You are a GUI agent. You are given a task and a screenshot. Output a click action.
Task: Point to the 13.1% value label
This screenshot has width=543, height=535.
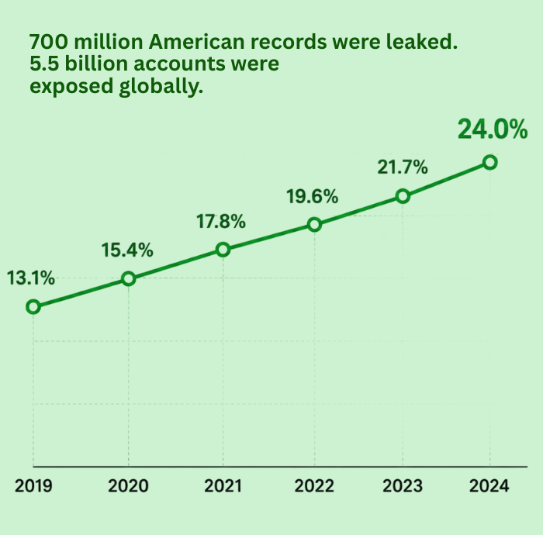[x=31, y=278]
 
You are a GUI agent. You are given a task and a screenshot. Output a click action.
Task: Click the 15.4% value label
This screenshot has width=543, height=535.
[x=127, y=250]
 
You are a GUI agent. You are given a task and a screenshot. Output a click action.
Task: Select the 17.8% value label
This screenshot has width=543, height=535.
[x=221, y=222]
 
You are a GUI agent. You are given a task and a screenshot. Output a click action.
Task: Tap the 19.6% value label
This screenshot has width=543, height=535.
[x=313, y=197]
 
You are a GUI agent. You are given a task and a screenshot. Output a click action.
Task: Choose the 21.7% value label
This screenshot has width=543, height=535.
[x=403, y=167]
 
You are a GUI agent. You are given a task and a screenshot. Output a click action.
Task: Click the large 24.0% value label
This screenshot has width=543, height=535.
[x=493, y=129]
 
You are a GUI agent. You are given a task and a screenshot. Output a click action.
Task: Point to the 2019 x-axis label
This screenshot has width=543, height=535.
[x=33, y=486]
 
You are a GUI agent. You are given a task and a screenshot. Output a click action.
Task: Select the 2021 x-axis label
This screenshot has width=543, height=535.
[x=223, y=486]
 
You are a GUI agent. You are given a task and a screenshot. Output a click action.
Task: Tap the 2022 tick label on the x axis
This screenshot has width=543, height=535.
[x=314, y=486]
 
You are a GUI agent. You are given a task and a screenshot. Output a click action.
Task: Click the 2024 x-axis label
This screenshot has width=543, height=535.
[x=489, y=486]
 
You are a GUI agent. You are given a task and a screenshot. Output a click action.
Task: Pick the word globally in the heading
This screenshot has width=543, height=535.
[x=161, y=87]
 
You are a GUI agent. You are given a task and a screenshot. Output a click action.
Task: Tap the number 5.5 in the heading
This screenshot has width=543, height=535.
[x=44, y=64]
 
